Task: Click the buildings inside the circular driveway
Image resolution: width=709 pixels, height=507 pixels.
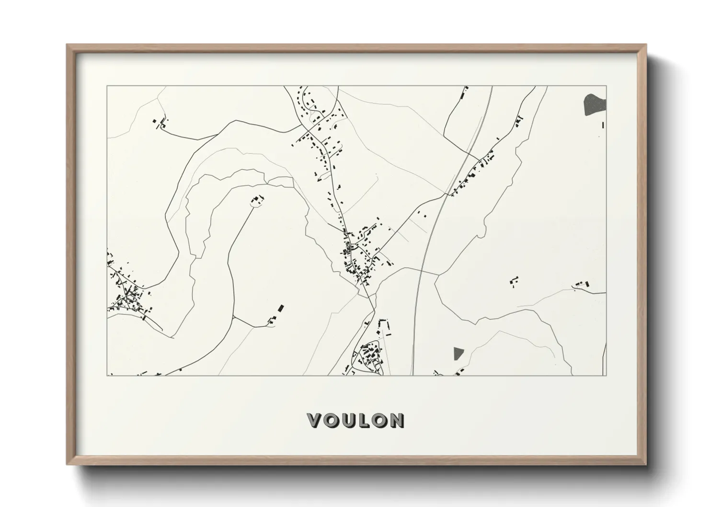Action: [258, 199]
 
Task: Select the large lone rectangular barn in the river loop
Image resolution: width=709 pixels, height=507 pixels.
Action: [281, 307]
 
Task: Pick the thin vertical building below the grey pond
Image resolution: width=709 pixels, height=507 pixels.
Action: [603, 125]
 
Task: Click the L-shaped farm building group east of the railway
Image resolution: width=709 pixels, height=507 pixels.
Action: [514, 281]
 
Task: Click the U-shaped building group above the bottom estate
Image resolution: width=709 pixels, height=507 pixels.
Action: [382, 327]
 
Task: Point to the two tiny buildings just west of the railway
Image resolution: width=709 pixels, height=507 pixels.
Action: [422, 213]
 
